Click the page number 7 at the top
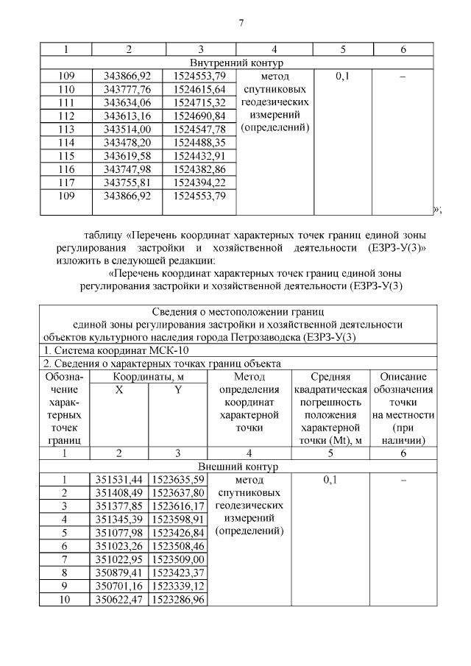click(240, 21)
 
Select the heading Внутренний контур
click(236, 63)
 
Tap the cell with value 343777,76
click(128, 89)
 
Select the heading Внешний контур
click(236, 467)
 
